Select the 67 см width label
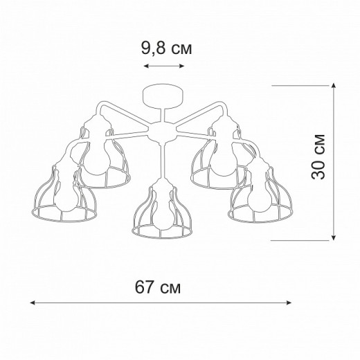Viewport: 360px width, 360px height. (x=161, y=287)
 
